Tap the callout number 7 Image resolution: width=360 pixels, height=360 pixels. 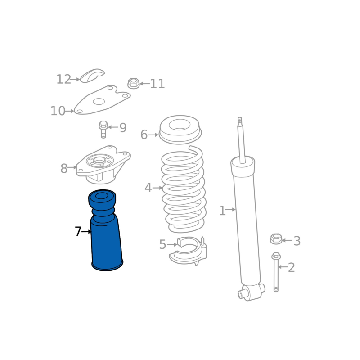click(x=78, y=231)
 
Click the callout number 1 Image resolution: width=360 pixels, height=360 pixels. click(x=222, y=211)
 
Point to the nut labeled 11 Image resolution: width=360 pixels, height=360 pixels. click(x=133, y=83)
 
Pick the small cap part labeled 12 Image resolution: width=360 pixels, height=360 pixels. click(x=92, y=76)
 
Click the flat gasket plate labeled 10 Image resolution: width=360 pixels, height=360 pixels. click(x=102, y=100)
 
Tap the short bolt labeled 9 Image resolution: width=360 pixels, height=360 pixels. click(x=103, y=129)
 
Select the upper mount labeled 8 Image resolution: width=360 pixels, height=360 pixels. click(x=103, y=165)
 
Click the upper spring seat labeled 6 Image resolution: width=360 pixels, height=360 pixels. click(x=180, y=130)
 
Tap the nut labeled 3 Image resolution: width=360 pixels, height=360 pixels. click(x=276, y=239)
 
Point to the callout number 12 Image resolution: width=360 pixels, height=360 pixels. click(x=63, y=79)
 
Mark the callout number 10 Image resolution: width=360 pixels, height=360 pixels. click(x=58, y=111)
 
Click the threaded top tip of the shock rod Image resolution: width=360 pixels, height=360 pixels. click(x=240, y=121)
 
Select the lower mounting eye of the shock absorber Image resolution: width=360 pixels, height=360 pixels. click(x=251, y=292)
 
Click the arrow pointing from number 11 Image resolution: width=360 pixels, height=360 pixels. click(x=144, y=84)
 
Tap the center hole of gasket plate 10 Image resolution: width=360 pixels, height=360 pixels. click(x=99, y=102)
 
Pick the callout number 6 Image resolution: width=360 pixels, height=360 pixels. click(x=144, y=135)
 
